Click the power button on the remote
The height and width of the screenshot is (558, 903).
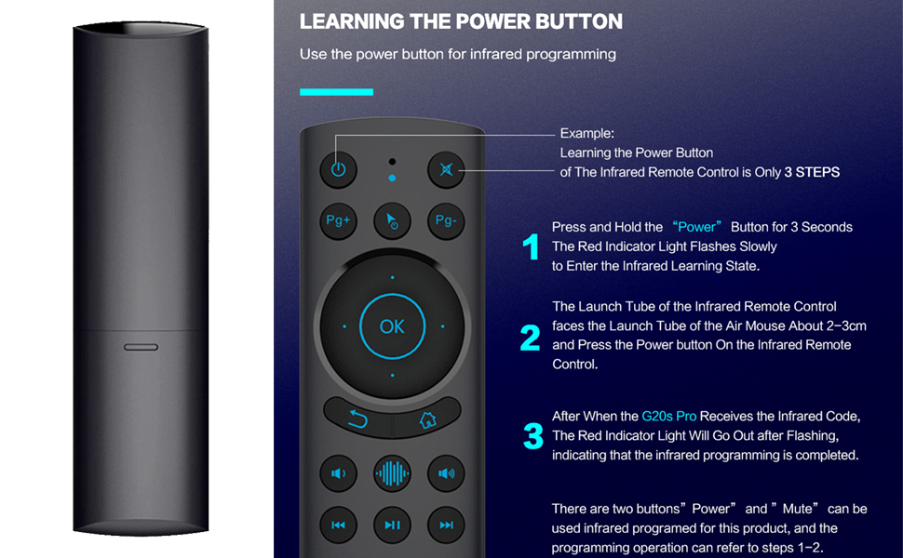(x=338, y=169)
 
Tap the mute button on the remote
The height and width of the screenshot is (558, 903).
(x=446, y=169)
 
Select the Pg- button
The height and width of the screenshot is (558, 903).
(x=446, y=220)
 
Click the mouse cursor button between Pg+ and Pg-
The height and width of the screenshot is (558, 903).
(x=392, y=220)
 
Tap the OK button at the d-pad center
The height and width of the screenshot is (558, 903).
(x=392, y=326)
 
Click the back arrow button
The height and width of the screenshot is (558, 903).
(x=357, y=419)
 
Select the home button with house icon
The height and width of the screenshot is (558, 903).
(x=427, y=419)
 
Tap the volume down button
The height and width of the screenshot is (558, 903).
(x=338, y=473)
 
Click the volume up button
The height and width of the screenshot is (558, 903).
(x=446, y=473)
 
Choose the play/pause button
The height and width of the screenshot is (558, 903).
(x=392, y=525)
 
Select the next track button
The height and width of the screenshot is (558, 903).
(x=446, y=525)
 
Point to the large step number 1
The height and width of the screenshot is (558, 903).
(x=531, y=247)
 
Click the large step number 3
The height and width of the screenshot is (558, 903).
(x=533, y=436)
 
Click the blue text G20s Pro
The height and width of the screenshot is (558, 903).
(x=668, y=416)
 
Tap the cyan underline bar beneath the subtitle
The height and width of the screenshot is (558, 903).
(x=336, y=92)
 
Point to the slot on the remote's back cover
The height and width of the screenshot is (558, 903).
(x=141, y=346)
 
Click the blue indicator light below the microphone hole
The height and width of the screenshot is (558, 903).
(x=392, y=177)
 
